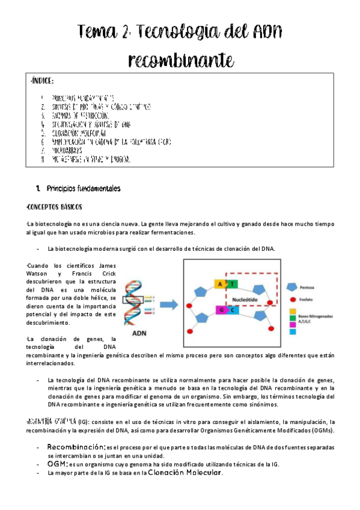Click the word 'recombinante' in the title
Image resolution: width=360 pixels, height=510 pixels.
pyautogui.click(x=180, y=60)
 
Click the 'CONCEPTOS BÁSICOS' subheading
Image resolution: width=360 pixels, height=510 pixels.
pyautogui.click(x=56, y=207)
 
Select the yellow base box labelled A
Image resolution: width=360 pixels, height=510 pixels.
pyautogui.click(x=221, y=284)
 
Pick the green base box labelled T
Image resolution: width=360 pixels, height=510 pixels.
pyautogui.click(x=232, y=284)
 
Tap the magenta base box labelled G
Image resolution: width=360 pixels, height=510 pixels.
pyautogui.click(x=221, y=311)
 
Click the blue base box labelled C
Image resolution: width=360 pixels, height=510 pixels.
pyautogui.click(x=232, y=311)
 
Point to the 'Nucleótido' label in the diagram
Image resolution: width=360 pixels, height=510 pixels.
pyautogui.click(x=245, y=297)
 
